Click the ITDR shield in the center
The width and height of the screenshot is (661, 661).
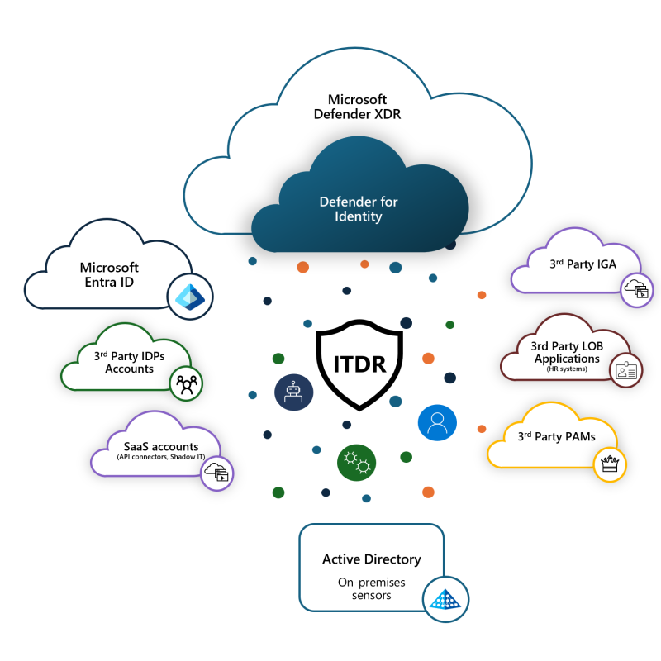(x=359, y=364)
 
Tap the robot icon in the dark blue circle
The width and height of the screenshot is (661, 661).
(x=294, y=392)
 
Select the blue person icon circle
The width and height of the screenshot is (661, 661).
(x=437, y=423)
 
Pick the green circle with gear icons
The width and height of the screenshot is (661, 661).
(x=357, y=463)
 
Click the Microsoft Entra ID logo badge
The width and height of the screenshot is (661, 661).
(x=190, y=297)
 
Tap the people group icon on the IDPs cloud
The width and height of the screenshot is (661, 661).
(x=187, y=383)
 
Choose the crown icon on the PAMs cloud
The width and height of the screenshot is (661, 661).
(x=610, y=464)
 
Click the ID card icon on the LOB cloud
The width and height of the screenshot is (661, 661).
(x=626, y=370)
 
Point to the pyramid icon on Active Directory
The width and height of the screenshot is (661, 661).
(x=445, y=599)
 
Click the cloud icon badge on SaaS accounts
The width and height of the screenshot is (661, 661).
(x=216, y=473)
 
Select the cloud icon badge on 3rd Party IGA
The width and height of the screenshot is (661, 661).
(x=636, y=291)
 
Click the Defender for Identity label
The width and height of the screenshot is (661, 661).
(x=359, y=209)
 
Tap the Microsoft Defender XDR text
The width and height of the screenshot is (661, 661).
(x=357, y=107)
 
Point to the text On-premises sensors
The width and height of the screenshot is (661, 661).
(x=371, y=588)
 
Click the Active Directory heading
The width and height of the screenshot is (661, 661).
(x=372, y=559)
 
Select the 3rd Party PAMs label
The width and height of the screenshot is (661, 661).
(x=556, y=436)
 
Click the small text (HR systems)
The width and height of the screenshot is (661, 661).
(x=567, y=369)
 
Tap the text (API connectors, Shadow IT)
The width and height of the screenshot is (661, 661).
(x=161, y=457)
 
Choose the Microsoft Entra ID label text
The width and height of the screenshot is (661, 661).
(x=109, y=274)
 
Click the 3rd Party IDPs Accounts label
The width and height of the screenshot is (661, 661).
(x=129, y=362)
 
